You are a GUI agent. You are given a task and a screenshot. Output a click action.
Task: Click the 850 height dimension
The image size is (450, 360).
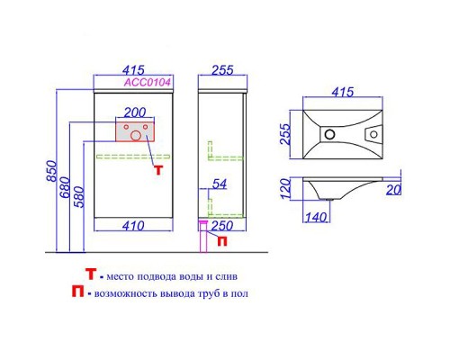51,171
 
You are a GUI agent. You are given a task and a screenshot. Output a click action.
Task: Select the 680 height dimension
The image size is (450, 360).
65,187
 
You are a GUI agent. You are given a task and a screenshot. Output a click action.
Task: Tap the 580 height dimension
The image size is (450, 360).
79,197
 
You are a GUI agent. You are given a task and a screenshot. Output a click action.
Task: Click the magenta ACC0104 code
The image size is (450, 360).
148,82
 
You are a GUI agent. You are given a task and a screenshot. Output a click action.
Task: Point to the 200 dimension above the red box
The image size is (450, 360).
135,112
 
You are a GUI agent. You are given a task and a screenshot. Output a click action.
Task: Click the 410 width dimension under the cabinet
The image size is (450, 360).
133,226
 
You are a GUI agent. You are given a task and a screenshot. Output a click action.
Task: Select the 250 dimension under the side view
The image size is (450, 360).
222,226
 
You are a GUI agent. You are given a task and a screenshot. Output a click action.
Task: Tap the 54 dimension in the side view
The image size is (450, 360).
220,184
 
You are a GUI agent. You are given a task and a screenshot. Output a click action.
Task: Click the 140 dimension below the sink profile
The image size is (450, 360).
316,217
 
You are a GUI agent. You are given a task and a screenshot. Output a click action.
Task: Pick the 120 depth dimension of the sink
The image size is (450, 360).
285,188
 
